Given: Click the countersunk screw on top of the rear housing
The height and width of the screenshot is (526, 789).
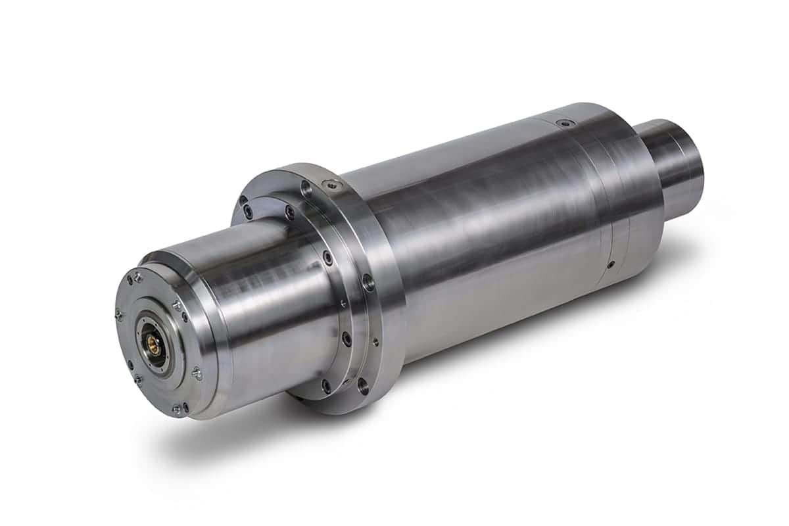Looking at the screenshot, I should (560, 123).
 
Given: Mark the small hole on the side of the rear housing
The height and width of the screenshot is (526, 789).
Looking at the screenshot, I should (611, 264).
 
